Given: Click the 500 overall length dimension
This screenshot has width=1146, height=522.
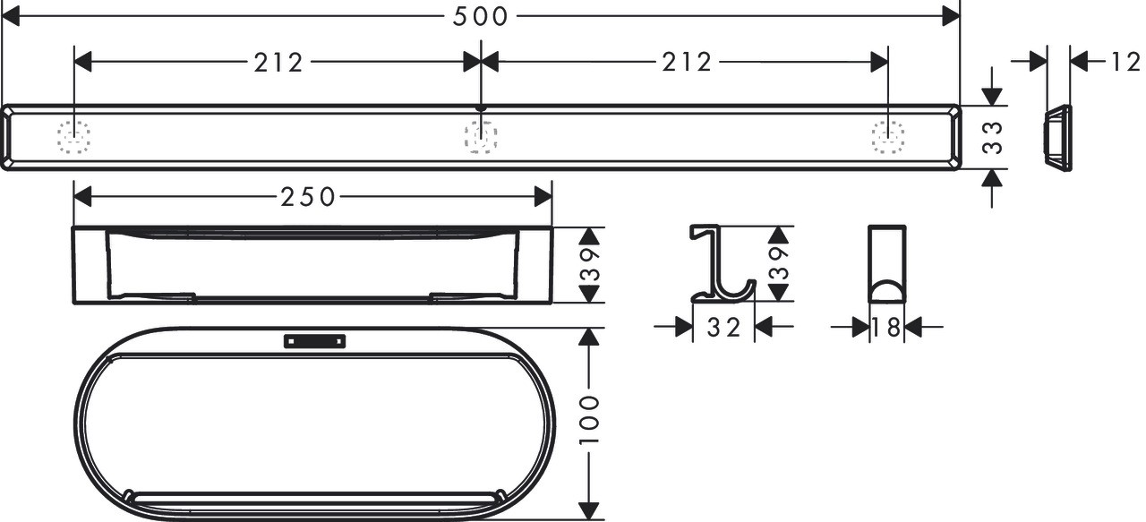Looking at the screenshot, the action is [480, 16].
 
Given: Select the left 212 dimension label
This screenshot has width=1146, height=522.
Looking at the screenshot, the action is [278, 63].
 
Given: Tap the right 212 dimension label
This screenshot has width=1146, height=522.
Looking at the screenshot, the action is [687, 63].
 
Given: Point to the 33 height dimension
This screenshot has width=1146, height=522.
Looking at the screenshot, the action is [993, 137].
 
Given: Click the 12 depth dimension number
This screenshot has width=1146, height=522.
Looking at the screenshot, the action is [1125, 63].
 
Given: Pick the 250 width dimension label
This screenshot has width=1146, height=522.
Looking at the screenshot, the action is [308, 197].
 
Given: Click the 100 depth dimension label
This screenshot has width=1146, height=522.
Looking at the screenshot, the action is [589, 420].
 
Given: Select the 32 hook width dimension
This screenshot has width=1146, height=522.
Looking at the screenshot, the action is [723, 328].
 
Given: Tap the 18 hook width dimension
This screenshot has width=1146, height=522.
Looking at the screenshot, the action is [886, 328].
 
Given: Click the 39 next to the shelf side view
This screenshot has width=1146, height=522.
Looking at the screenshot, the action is [589, 265].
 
